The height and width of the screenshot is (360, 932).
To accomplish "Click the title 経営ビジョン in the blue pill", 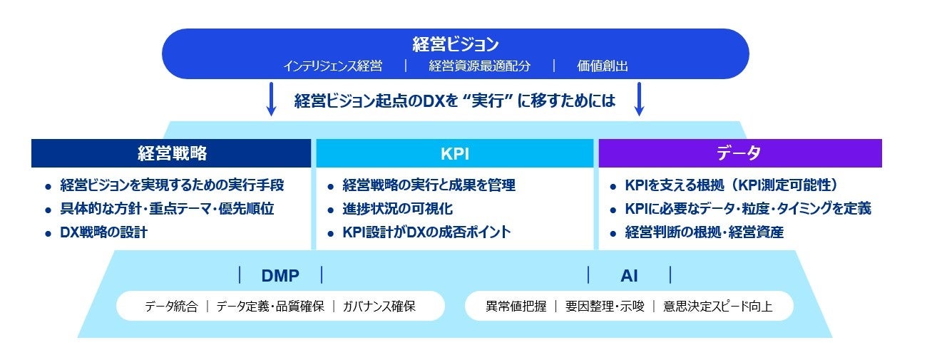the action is (455, 44).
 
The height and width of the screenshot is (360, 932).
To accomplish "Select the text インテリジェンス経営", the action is (333, 66).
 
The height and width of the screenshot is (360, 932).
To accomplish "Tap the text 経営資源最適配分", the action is (479, 66).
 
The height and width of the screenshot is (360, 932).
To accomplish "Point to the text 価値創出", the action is (603, 66).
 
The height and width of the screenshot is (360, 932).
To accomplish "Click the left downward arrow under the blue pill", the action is (271, 99).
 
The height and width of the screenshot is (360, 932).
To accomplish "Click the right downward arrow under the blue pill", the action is (639, 99).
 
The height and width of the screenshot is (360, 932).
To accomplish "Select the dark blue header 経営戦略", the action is (171, 153).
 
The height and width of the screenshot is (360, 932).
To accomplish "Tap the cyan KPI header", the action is (455, 153).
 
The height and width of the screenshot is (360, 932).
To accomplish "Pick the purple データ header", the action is (740, 153).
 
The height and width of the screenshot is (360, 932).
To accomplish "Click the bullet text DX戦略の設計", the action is (103, 232).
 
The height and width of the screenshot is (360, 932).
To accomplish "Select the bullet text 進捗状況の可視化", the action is (397, 208).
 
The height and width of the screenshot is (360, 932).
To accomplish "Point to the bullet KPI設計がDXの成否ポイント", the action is (426, 232).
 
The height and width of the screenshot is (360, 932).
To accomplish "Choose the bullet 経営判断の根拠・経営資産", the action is (704, 232).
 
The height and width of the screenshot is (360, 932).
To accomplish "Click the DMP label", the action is (280, 275).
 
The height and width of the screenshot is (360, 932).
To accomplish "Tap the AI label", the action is (629, 275).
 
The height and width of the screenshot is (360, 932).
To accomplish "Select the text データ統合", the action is (171, 307).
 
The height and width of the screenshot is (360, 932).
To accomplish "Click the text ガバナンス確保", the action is (379, 307).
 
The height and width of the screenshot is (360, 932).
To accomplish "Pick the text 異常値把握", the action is (516, 307).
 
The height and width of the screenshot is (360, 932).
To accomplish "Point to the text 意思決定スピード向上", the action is (718, 307).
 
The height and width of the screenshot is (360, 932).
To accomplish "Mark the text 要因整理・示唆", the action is (605, 307).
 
